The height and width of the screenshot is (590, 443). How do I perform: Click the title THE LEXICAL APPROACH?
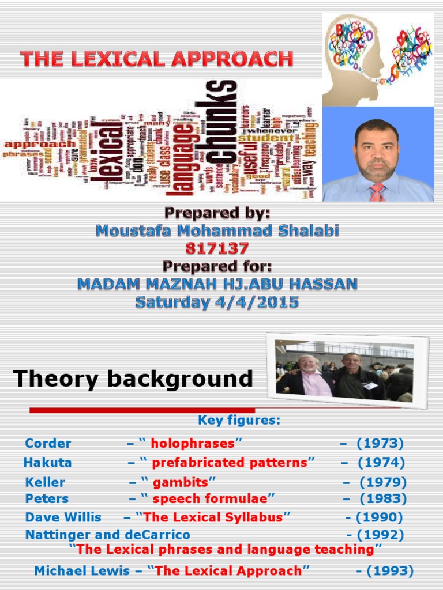click(x=157, y=59)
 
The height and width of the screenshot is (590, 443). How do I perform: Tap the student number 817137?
click(x=217, y=248)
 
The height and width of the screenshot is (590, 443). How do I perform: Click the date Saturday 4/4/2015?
click(x=217, y=302)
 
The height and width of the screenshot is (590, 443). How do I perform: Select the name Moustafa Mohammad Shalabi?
click(x=217, y=231)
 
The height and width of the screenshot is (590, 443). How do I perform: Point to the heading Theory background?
click(x=133, y=379)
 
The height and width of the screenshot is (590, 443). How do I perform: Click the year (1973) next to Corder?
click(x=380, y=443)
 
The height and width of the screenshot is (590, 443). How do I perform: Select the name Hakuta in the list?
click(x=47, y=462)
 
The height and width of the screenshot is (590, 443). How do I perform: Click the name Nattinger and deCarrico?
click(x=107, y=535)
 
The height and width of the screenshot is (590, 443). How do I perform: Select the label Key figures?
click(x=239, y=421)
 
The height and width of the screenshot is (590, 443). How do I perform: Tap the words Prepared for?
click(x=217, y=266)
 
